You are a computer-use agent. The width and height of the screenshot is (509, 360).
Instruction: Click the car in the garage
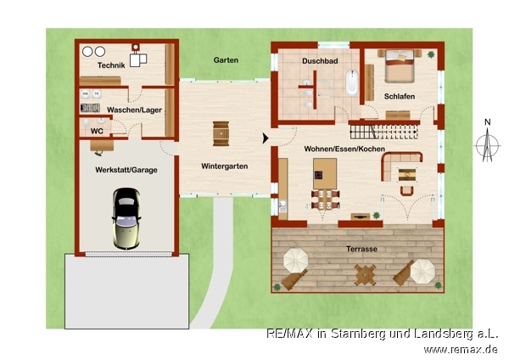[126, 219]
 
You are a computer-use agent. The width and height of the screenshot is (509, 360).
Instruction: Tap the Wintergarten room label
[224, 166]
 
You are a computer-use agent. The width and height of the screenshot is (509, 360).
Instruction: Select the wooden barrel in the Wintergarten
[221, 133]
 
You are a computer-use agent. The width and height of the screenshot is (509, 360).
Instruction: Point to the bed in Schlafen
[400, 66]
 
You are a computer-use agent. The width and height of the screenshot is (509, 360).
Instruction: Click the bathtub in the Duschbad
[352, 83]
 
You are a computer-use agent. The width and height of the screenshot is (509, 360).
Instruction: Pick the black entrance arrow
[266, 138]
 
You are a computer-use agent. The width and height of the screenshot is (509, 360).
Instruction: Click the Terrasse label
[361, 250]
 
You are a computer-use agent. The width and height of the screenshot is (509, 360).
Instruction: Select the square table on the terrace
[365, 275]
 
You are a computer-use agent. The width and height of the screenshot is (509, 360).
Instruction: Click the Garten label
[226, 60]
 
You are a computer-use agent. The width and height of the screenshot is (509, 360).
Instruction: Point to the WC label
[97, 132]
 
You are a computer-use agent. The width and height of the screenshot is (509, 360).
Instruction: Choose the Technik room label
[111, 65]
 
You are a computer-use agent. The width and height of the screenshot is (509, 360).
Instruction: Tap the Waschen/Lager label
[134, 110]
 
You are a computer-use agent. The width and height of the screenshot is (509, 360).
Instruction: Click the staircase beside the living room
[383, 132]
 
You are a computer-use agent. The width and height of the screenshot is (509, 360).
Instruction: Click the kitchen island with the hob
[325, 173]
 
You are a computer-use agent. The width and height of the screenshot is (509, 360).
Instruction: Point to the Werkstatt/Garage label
[126, 170]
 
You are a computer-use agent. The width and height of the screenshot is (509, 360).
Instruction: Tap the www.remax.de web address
[461, 350]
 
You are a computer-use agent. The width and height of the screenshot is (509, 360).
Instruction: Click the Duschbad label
[320, 61]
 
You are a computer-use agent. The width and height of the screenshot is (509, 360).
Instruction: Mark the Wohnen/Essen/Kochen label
[344, 149]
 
